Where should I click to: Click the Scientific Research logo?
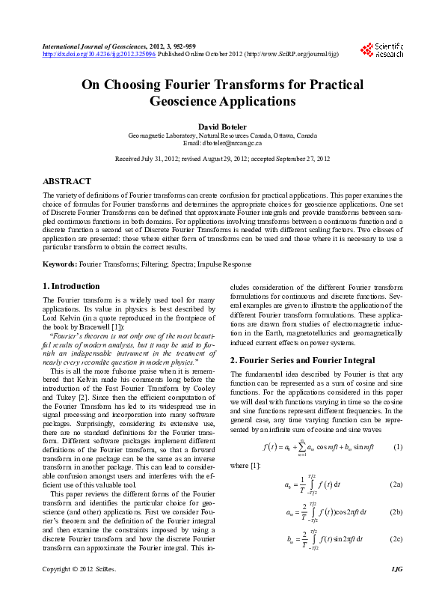pos(381,49)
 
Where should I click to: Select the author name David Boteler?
pos(222,127)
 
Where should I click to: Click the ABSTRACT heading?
pos(67,181)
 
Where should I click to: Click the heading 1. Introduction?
pos(71,286)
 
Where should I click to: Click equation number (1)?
pos(398,447)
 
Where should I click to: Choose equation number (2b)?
pos(396,512)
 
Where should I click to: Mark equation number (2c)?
pos(396,538)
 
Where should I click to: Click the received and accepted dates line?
pos(222,159)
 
